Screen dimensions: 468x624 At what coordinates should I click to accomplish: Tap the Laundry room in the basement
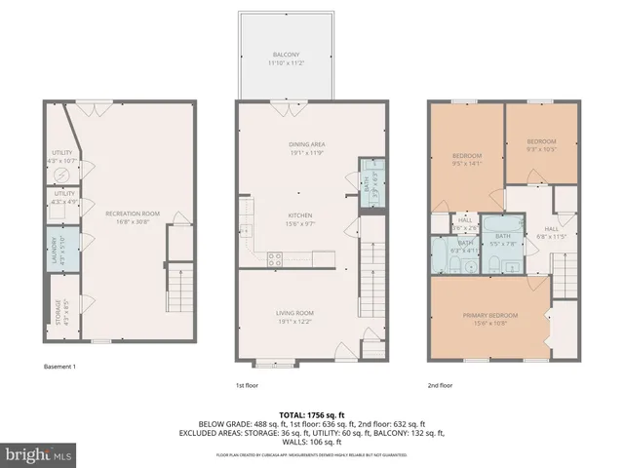tap(60, 249)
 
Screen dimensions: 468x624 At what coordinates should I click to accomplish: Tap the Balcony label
tap(286, 58)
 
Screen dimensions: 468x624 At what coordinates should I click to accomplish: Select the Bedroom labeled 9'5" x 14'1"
tap(466, 159)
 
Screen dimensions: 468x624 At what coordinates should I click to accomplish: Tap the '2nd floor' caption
tap(441, 385)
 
